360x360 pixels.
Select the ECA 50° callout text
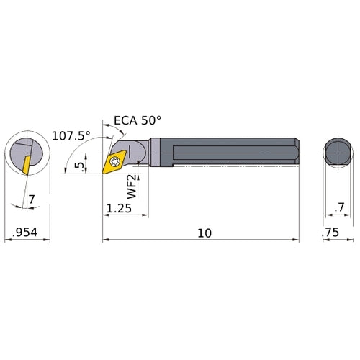[138, 120]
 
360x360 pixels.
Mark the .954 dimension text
[25, 233]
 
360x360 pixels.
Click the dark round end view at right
[337, 153]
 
